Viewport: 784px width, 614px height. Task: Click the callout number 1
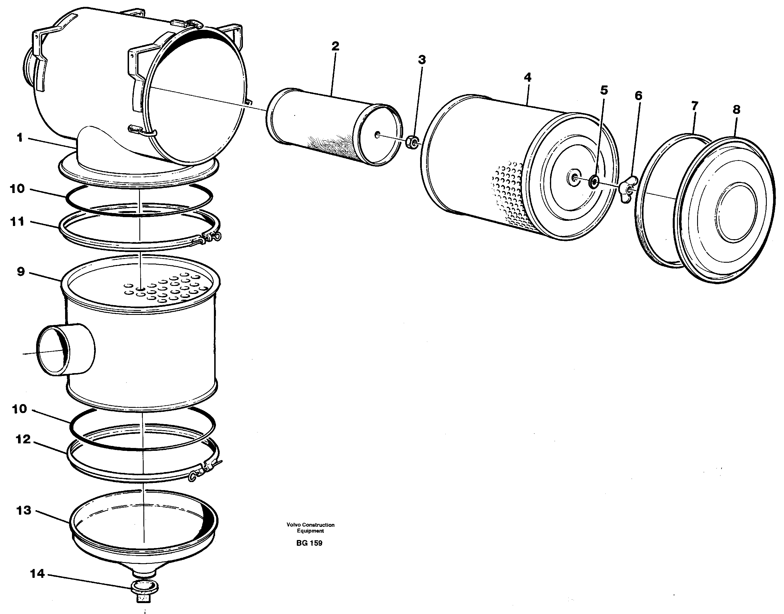pyautogui.click(x=20, y=138)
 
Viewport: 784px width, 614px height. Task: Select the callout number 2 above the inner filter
pyautogui.click(x=335, y=46)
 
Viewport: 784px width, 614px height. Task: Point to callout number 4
pyautogui.click(x=527, y=77)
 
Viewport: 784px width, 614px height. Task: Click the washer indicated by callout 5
pyautogui.click(x=594, y=182)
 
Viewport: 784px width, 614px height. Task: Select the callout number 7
pyautogui.click(x=695, y=106)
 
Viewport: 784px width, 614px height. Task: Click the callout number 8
pyautogui.click(x=736, y=110)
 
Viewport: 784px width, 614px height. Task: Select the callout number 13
pyautogui.click(x=24, y=510)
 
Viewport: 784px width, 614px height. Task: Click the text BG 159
pyautogui.click(x=309, y=543)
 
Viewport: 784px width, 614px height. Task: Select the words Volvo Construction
pyautogui.click(x=310, y=525)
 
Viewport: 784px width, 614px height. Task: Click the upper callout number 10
pyautogui.click(x=17, y=188)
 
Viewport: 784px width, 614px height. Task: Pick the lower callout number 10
pyautogui.click(x=19, y=409)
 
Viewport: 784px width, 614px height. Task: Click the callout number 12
pyautogui.click(x=23, y=439)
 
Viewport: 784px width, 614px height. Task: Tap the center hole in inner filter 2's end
pyautogui.click(x=377, y=135)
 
